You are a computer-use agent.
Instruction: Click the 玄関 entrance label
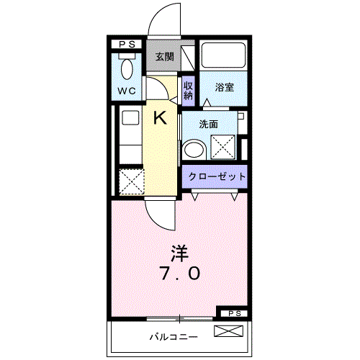(x=164, y=57)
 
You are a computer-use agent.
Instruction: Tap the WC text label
(x=127, y=91)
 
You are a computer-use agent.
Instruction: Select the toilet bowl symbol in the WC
(x=127, y=69)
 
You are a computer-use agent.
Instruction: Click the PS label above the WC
(x=127, y=45)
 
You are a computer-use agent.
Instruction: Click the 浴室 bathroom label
(x=224, y=88)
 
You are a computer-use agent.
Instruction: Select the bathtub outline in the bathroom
(x=223, y=55)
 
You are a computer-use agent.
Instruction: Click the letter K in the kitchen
(x=161, y=117)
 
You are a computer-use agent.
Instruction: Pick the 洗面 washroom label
(x=208, y=123)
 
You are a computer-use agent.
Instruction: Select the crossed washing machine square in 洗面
(x=224, y=147)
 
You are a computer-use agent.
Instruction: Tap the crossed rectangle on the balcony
(x=230, y=332)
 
